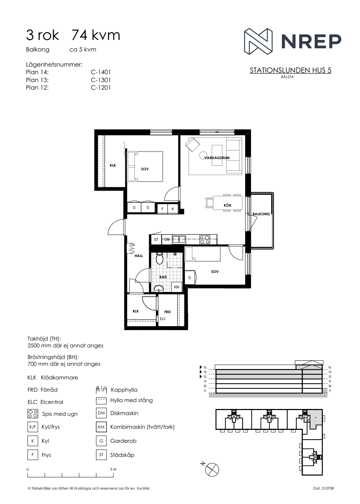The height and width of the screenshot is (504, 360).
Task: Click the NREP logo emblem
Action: (x=258, y=41)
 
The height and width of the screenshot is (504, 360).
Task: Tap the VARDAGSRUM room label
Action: (x=217, y=158)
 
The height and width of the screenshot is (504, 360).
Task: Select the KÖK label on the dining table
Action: (x=228, y=205)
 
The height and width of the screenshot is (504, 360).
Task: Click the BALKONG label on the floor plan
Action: (x=261, y=214)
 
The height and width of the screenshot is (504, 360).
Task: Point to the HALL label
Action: (x=139, y=256)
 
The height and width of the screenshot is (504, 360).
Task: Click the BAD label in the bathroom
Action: (x=163, y=277)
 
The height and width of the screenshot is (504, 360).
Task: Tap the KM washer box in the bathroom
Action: (x=177, y=287)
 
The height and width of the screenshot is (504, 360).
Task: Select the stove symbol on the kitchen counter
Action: (x=205, y=239)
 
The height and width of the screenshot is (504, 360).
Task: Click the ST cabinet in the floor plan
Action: (x=156, y=240)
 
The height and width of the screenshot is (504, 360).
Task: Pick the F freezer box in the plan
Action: (x=162, y=209)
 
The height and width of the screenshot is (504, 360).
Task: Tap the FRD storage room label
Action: (x=167, y=312)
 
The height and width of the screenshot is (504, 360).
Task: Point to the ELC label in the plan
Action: (x=163, y=319)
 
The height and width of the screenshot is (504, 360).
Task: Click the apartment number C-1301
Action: (x=101, y=80)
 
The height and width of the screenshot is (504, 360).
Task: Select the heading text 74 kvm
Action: (x=96, y=36)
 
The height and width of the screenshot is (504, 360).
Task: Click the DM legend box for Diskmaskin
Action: (x=101, y=413)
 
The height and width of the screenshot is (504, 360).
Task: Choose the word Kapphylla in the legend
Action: (x=124, y=390)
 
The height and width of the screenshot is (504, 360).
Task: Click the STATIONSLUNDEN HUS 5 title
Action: (x=291, y=71)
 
